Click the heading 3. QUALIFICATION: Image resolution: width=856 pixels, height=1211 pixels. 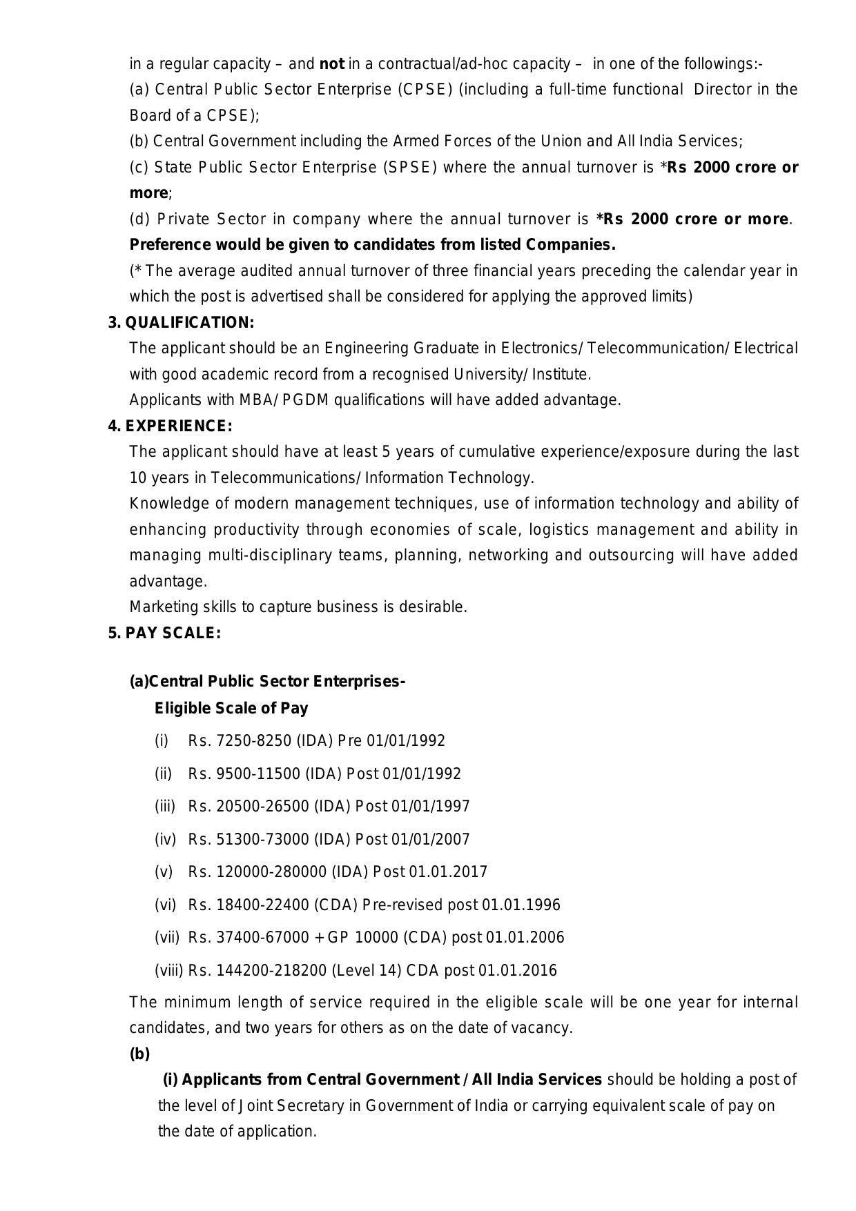coord(181,322)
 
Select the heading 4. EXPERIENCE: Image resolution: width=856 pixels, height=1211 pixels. coord(170,426)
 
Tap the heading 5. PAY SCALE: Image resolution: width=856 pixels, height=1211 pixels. coord(164,633)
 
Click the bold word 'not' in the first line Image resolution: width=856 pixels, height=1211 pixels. coord(332,64)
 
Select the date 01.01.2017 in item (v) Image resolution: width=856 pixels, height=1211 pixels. coord(448,872)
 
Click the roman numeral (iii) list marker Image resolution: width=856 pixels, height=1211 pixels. coord(165,806)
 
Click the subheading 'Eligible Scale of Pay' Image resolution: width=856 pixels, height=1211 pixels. coord(231,708)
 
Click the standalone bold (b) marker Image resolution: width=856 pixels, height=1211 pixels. coord(139,1054)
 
